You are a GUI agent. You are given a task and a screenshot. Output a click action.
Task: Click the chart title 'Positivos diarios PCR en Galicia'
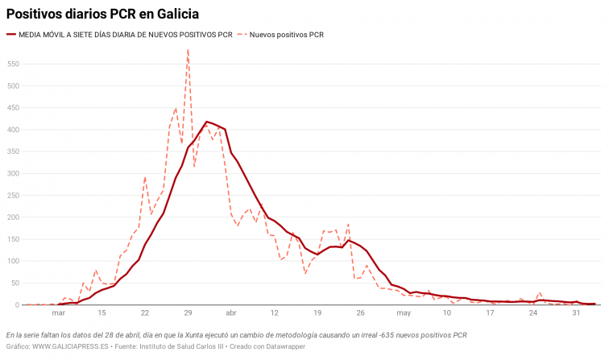(103, 14)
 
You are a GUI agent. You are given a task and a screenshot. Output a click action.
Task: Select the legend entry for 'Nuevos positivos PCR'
(286, 35)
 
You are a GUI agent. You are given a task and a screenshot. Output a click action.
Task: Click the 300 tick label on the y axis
(13, 173)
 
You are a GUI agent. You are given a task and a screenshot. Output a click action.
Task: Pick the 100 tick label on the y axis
(13, 261)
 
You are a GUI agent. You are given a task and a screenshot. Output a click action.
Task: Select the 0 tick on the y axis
(17, 305)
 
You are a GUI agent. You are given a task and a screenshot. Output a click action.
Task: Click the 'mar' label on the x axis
(58, 313)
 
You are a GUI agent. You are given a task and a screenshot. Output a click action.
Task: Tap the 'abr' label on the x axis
(231, 313)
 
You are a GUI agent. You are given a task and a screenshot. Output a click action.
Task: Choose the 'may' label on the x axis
(404, 313)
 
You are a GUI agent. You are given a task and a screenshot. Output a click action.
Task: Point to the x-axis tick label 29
(188, 313)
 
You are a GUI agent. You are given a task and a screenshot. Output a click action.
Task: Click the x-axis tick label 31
(576, 313)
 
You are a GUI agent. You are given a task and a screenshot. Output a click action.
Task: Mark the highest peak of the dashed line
(188, 50)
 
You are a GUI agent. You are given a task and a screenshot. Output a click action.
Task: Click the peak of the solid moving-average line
(207, 122)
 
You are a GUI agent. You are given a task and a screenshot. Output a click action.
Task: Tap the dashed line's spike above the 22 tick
(145, 177)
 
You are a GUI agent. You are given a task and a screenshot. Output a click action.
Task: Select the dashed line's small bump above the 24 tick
(540, 293)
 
